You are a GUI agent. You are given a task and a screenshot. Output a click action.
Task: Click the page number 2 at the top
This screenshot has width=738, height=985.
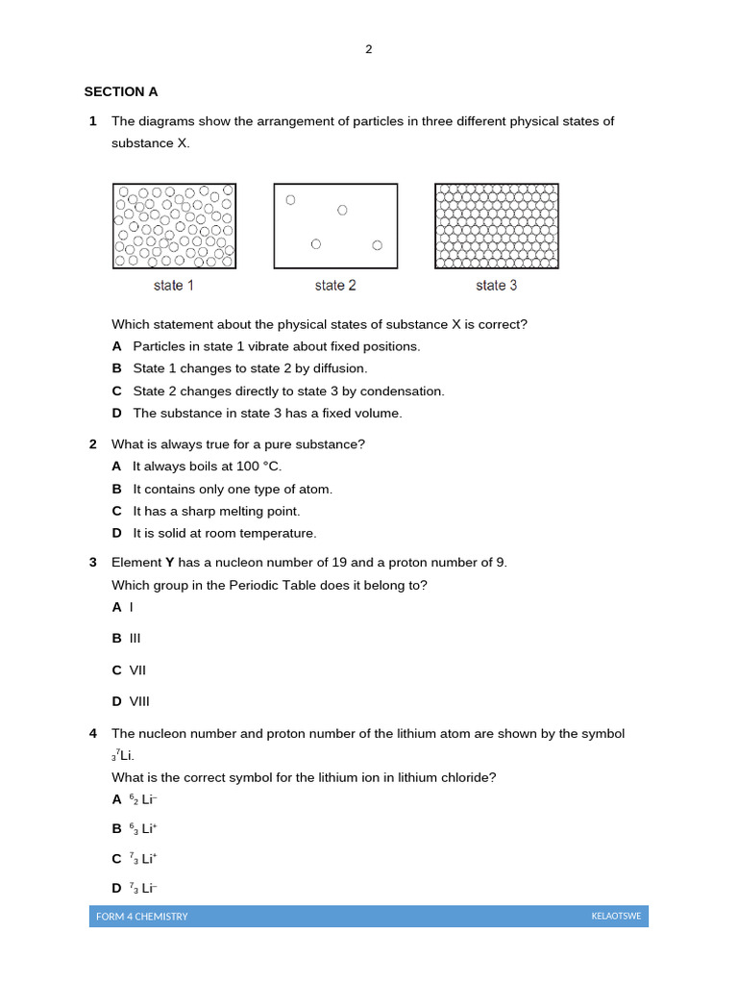368,50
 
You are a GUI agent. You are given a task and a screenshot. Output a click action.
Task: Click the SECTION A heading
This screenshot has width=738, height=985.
121,92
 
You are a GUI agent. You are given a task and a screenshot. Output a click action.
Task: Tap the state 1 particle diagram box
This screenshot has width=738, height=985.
174,226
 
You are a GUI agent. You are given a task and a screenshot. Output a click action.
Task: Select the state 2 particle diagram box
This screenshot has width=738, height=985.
335,226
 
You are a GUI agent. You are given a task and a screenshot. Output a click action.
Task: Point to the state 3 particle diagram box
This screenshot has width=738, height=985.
496,226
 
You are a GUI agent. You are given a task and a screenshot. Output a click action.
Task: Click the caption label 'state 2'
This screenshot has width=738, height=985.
335,286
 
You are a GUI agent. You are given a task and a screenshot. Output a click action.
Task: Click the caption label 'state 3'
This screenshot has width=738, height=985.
496,286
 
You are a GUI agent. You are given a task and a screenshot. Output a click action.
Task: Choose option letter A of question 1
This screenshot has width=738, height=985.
116,346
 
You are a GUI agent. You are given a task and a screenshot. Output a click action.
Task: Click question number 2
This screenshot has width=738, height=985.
93,444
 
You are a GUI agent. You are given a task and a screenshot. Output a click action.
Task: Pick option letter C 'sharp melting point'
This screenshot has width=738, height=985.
116,512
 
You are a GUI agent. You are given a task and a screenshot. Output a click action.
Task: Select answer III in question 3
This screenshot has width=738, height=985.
135,638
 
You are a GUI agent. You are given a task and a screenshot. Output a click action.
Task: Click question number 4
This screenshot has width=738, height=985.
93,734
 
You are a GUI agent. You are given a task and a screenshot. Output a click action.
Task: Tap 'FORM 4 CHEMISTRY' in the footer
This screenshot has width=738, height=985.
142,917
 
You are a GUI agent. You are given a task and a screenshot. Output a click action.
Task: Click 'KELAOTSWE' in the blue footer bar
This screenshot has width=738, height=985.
616,917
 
